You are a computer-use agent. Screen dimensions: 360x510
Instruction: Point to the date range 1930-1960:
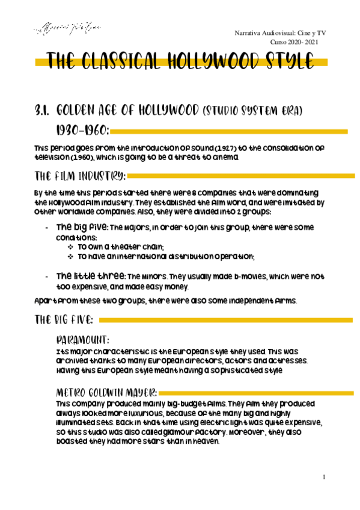(82, 131)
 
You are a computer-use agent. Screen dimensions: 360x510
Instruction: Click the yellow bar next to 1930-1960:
(229, 131)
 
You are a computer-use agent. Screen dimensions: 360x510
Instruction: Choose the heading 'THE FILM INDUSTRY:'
(81, 176)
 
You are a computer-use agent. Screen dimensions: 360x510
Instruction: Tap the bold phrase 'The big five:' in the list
(81, 228)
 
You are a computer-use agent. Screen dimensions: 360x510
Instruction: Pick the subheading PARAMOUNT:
(82, 340)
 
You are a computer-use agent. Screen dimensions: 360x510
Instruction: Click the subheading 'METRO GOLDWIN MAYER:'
(106, 392)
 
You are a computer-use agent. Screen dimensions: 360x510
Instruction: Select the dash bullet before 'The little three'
(47, 276)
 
